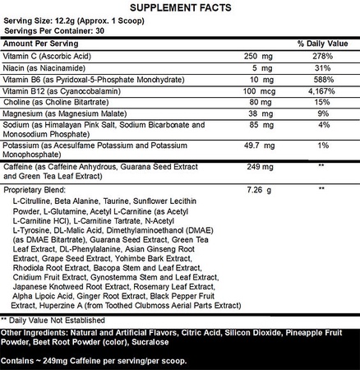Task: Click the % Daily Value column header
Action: (323, 40)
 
